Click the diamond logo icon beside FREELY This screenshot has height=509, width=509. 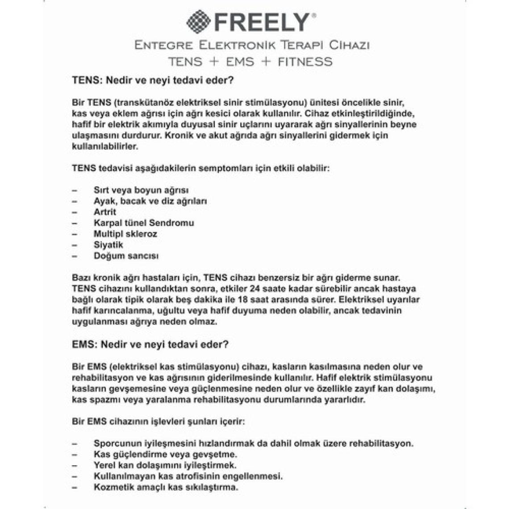tap(199, 22)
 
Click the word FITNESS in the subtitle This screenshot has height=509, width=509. tap(305, 61)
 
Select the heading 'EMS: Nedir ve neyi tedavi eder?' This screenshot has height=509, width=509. tap(150, 345)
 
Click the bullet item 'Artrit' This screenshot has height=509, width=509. tap(105, 212)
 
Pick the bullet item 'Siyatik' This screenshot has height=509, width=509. tap(108, 245)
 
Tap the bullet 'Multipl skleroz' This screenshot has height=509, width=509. tap(125, 234)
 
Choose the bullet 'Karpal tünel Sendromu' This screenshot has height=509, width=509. tap(143, 223)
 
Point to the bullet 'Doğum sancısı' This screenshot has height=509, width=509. tap(126, 256)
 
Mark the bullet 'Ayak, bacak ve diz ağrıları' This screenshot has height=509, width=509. tap(150, 201)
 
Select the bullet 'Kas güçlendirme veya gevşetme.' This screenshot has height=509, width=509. tap(165, 455)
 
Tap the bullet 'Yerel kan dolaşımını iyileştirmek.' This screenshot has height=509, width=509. tap(165, 465)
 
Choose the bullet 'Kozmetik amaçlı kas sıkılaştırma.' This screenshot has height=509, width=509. tap(166, 487)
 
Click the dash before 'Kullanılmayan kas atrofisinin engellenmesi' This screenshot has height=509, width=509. tap(74, 476)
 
